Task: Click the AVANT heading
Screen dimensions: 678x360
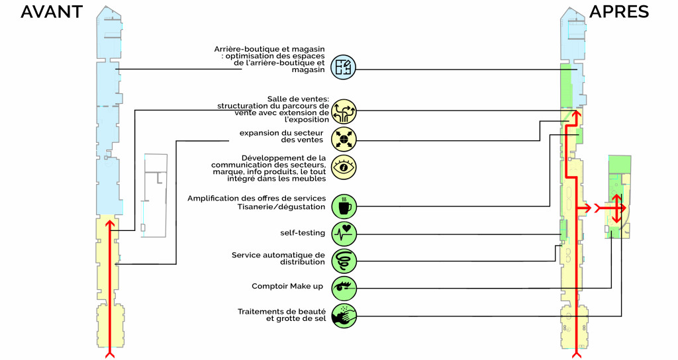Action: (x=52, y=12)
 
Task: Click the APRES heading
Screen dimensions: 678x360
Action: (x=619, y=12)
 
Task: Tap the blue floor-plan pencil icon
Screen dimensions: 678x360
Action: (x=344, y=67)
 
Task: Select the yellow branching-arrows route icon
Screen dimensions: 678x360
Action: (x=344, y=111)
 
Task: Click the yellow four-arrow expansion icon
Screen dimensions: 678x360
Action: (x=344, y=139)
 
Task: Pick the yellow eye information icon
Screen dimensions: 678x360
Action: (x=344, y=167)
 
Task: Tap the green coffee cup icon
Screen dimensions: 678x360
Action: (x=344, y=206)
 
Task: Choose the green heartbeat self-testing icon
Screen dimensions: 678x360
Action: (x=344, y=234)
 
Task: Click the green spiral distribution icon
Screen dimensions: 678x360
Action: (x=344, y=261)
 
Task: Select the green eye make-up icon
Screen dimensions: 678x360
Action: (x=344, y=289)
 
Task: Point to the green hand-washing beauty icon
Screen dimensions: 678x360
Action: (x=344, y=316)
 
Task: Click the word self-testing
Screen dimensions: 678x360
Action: (x=303, y=233)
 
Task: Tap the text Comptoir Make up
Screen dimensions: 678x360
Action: (x=287, y=286)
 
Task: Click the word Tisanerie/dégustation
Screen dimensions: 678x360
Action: (x=281, y=206)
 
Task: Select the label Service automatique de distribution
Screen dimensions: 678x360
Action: (x=278, y=259)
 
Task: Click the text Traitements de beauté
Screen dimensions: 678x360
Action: (x=281, y=312)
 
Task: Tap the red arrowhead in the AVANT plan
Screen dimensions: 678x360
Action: (x=110, y=224)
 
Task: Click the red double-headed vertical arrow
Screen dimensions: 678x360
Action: (x=616, y=208)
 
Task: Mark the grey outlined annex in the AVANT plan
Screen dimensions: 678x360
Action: (x=155, y=195)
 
